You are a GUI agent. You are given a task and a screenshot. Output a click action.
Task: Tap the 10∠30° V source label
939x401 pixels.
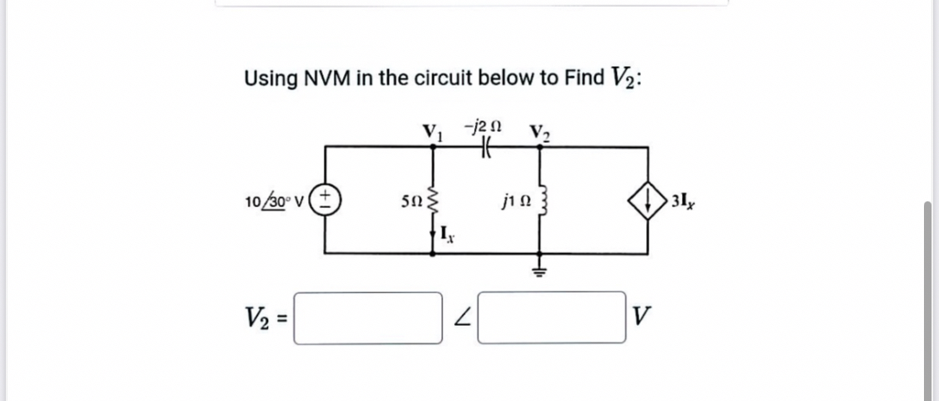(276, 202)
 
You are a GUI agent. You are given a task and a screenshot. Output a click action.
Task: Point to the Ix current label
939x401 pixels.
(447, 233)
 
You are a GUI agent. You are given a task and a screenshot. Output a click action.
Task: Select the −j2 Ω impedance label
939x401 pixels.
(486, 125)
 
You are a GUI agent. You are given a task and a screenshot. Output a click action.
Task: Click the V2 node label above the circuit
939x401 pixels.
(539, 131)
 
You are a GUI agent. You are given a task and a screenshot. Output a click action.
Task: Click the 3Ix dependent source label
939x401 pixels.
(680, 202)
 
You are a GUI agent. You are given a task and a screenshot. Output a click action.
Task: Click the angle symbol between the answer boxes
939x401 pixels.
(459, 319)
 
